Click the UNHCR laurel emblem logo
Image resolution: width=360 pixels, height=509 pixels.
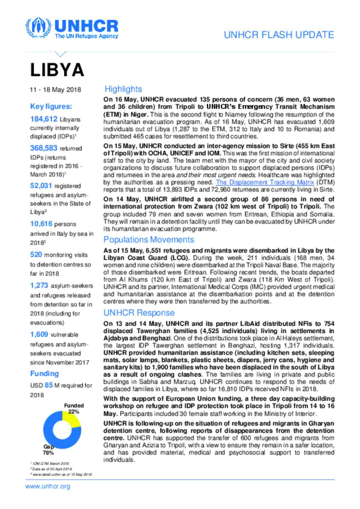(x=38, y=28)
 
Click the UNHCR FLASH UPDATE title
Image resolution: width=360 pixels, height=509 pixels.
(x=279, y=35)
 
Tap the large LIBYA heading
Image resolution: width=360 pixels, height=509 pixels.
(x=57, y=70)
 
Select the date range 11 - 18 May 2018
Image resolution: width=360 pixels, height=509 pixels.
(x=55, y=90)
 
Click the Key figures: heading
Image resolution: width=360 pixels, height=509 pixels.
(x=51, y=106)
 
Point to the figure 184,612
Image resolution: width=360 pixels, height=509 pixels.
(x=44, y=119)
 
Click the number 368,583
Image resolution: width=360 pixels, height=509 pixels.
(x=44, y=148)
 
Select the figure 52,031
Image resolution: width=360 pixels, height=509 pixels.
(x=41, y=185)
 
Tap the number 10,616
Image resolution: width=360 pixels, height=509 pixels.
(x=41, y=223)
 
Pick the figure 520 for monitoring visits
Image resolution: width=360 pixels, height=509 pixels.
(x=36, y=254)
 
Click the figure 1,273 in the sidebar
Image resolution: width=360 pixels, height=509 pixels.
(x=39, y=285)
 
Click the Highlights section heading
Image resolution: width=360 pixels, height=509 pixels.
(x=123, y=89)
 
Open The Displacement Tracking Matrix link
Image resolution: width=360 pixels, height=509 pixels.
(x=265, y=182)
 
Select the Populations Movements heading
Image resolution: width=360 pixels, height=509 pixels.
(x=149, y=240)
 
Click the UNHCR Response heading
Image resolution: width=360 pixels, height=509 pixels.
(x=139, y=313)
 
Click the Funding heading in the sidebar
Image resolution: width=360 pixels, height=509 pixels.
(x=44, y=373)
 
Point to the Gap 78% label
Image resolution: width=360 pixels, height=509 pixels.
(x=49, y=450)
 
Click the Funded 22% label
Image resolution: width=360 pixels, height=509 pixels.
(x=74, y=408)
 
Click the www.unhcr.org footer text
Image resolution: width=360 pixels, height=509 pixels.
(x=48, y=487)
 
